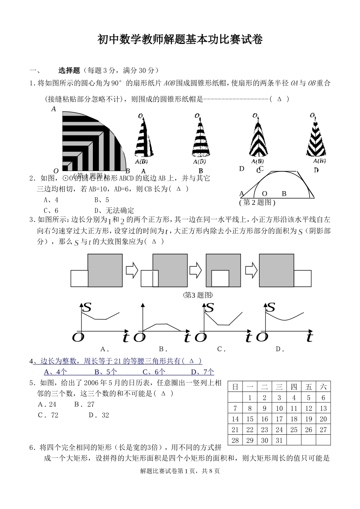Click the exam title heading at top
point(180,39)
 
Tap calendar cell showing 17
point(279,419)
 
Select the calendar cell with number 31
point(279,440)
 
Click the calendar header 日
point(235,387)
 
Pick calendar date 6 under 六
point(323,398)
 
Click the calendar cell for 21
point(235,430)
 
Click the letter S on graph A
point(87,307)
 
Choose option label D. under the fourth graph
point(280,349)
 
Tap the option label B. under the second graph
point(163,349)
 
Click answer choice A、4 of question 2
point(51,200)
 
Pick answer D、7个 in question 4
point(202,372)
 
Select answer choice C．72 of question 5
point(48,415)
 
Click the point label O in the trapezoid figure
point(265,194)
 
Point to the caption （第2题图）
point(257,203)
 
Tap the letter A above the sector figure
point(53,109)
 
